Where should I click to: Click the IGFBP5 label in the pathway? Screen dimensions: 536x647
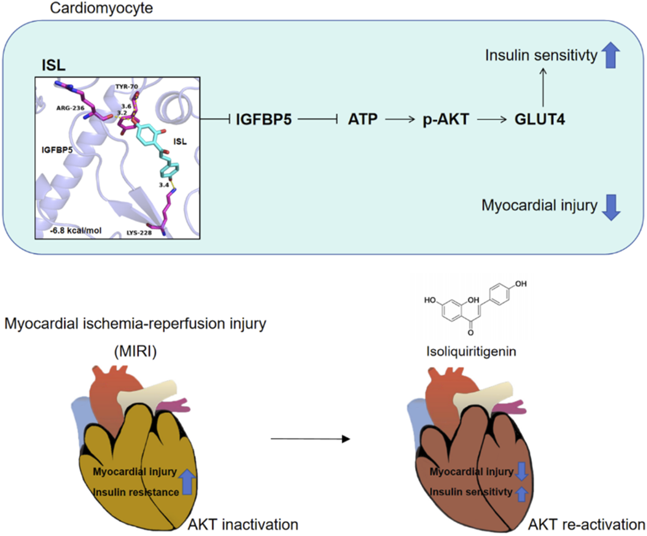(264, 120)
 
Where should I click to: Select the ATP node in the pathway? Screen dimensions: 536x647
(363, 120)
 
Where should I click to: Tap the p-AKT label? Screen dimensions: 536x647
(446, 120)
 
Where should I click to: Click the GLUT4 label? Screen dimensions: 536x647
(540, 120)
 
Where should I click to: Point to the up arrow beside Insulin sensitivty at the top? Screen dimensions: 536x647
(611, 55)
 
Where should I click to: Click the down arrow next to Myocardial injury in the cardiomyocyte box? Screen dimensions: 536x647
(611, 207)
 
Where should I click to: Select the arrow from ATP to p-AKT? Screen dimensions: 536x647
(400, 120)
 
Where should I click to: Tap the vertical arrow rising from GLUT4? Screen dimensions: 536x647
(543, 88)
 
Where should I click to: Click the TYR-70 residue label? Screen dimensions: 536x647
(127, 87)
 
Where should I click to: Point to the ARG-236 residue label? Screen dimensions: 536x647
(70, 108)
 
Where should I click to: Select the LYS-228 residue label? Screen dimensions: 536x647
(139, 233)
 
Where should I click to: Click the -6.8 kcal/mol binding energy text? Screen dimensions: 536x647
(76, 231)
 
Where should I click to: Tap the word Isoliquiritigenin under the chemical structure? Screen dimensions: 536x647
(471, 352)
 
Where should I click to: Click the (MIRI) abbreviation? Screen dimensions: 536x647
(135, 352)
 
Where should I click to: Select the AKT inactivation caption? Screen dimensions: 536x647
(243, 525)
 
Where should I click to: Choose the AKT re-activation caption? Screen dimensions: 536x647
(586, 525)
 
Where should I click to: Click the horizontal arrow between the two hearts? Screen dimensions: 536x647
(310, 439)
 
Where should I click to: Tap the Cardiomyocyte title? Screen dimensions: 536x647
(101, 8)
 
